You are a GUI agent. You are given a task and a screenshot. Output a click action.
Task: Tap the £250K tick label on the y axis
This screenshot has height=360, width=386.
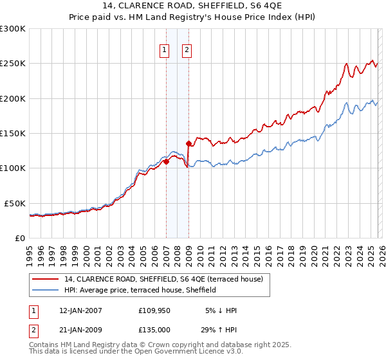(13, 64)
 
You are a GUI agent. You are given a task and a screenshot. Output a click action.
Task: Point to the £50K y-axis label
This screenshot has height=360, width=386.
(15, 203)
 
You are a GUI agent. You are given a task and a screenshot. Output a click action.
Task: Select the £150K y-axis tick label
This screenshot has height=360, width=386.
(13, 134)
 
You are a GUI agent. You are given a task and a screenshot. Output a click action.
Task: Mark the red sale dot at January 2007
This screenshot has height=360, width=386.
(166, 161)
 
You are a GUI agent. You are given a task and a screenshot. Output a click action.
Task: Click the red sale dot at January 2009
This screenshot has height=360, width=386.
(188, 143)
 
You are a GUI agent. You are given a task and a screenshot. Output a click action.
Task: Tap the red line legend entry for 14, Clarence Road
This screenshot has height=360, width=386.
(163, 280)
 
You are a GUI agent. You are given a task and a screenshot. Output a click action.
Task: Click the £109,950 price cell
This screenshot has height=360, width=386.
(154, 310)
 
